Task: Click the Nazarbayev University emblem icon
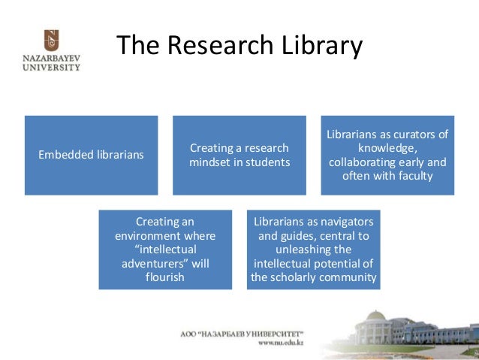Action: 51,39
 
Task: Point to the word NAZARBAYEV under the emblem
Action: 50,57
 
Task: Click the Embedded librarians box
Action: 91,155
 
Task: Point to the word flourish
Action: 164,277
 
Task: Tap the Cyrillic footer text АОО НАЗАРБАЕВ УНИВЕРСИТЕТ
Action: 247,332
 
